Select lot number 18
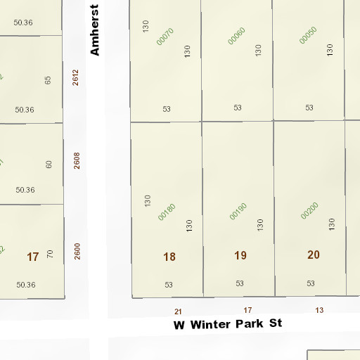pyautogui.click(x=169, y=257)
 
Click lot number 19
pyautogui.click(x=240, y=255)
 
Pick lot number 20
pyautogui.click(x=314, y=255)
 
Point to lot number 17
pyautogui.click(x=32, y=257)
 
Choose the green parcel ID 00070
pyautogui.click(x=165, y=37)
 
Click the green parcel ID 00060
pyautogui.click(x=237, y=36)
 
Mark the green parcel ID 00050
pyautogui.click(x=308, y=35)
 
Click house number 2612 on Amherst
pyautogui.click(x=76, y=77)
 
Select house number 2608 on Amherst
pyautogui.click(x=77, y=161)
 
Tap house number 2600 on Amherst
pyautogui.click(x=77, y=250)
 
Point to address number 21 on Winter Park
pyautogui.click(x=178, y=311)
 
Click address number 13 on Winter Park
pyautogui.click(x=319, y=309)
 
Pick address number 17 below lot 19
pyautogui.click(x=247, y=309)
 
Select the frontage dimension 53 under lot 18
pyautogui.click(x=169, y=284)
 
